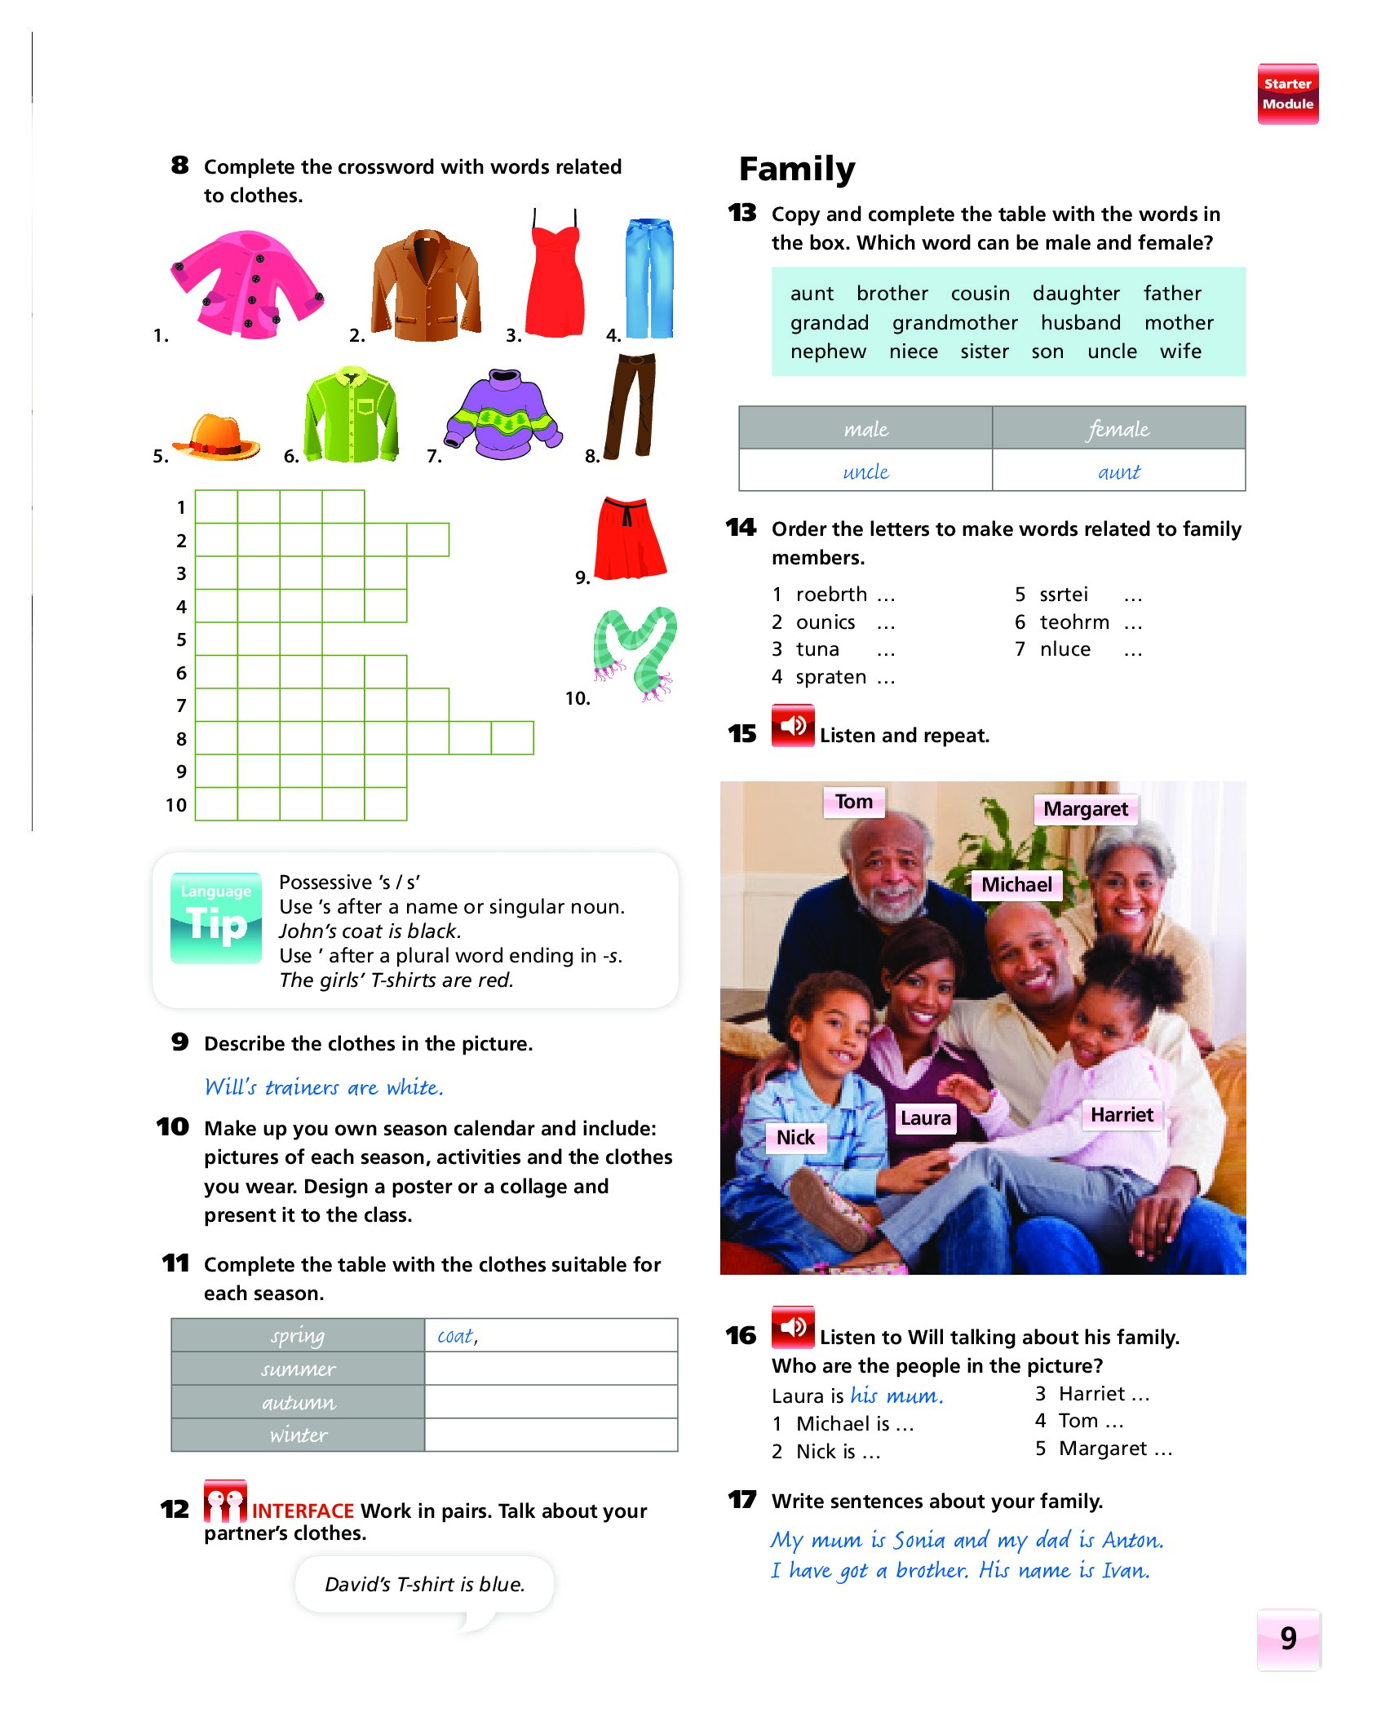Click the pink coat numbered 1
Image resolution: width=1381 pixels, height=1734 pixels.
(x=246, y=284)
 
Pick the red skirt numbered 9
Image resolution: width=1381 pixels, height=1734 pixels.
(x=630, y=538)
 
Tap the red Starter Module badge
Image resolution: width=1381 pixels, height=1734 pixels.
(x=1287, y=94)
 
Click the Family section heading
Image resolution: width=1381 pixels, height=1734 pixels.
(x=797, y=169)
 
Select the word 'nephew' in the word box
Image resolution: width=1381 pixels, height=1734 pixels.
(x=828, y=352)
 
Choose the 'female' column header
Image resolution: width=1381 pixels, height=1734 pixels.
(x=1118, y=428)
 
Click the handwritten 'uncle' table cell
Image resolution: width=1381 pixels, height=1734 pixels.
(x=865, y=471)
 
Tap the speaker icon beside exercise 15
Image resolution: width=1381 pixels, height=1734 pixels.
(x=792, y=725)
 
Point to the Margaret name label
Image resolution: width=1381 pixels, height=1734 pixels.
(x=1085, y=809)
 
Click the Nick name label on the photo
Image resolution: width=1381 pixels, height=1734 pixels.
(x=795, y=1137)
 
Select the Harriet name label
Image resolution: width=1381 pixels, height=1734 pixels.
(x=1122, y=1115)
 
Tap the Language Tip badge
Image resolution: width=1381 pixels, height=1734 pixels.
(x=216, y=918)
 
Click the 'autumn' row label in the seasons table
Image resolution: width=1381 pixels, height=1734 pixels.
(x=298, y=1402)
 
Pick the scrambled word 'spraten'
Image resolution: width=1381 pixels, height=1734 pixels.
(x=830, y=677)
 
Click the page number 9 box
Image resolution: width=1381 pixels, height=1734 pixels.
(x=1288, y=1639)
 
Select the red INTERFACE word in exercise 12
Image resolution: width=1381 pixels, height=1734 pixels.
(x=303, y=1511)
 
